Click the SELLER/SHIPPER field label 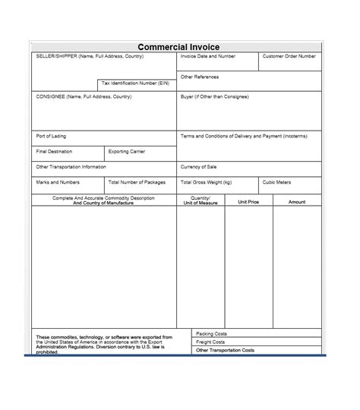point(87,57)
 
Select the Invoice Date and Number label point(207,57)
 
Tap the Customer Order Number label point(289,57)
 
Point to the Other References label point(200,77)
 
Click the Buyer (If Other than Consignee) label point(214,97)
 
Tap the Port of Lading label point(51,136)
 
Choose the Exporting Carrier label point(127,151)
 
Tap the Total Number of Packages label point(138,182)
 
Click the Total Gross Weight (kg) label point(207,182)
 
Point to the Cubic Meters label point(276,182)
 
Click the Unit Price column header point(248,202)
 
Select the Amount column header point(297,202)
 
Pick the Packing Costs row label point(211,333)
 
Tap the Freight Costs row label point(210,342)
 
